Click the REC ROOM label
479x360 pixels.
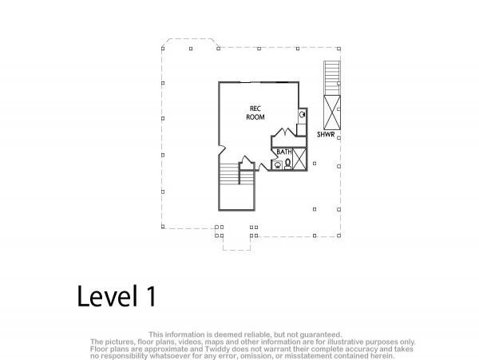(255, 113)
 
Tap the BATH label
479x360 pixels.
(283, 152)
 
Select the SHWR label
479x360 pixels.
(326, 134)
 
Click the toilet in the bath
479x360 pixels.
(287, 164)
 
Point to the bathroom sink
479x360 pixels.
(278, 165)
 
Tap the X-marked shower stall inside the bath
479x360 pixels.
(299, 158)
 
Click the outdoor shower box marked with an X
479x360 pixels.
(332, 113)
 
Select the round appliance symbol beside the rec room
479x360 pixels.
(302, 114)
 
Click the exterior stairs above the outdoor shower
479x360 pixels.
(332, 78)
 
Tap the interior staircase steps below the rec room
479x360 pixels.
(228, 174)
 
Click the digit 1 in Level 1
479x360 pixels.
(151, 295)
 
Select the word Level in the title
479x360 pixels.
(107, 295)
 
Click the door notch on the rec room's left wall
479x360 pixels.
(222, 148)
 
